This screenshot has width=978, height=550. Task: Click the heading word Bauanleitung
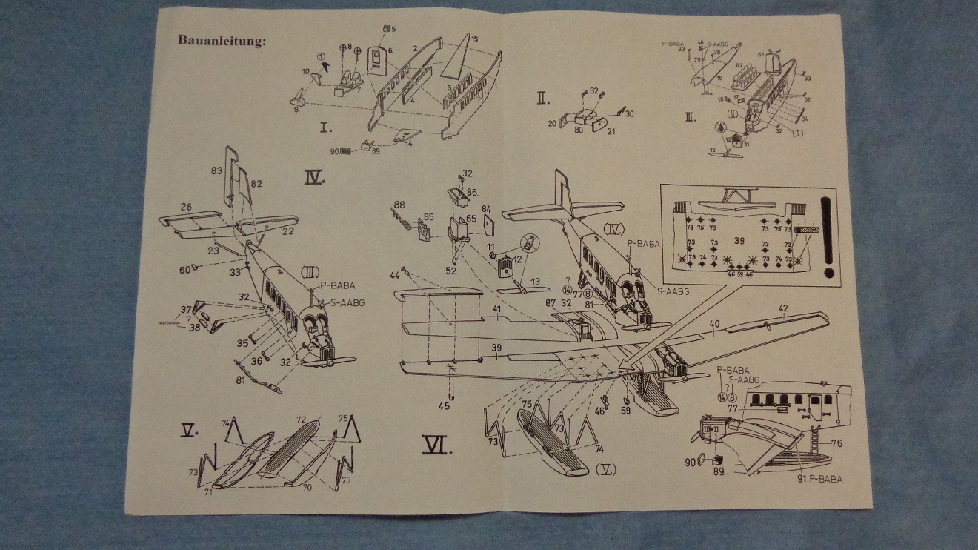pos(221,40)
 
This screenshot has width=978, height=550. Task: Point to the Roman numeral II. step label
pos(544,96)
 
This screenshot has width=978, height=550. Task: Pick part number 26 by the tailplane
pos(186,207)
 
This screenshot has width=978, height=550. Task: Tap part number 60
pos(184,269)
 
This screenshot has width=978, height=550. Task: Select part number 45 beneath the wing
pos(445,405)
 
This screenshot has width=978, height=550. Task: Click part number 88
pos(399,205)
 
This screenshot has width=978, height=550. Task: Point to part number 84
pos(487,210)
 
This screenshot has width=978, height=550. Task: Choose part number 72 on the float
pos(302,420)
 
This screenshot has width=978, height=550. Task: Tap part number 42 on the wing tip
pos(782,308)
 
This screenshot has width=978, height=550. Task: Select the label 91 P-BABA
pos(822,480)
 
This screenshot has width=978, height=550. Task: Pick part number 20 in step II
pos(551,125)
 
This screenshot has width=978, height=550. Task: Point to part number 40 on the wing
pos(714,323)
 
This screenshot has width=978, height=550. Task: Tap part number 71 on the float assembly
pos(208,492)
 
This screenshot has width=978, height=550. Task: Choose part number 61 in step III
pos(761,55)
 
